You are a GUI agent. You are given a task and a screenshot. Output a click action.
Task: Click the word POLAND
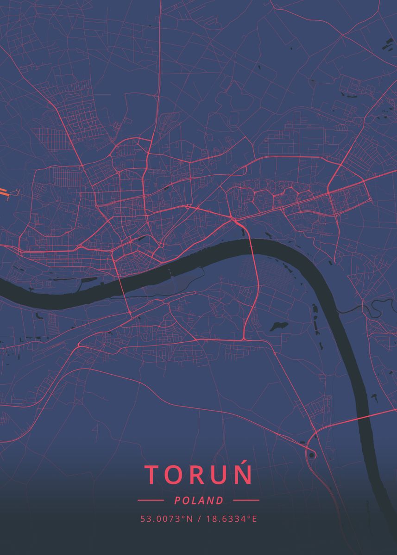(x=199, y=500)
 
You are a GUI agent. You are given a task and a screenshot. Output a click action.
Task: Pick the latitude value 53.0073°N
(x=167, y=519)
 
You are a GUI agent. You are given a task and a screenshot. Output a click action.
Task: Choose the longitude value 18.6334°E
(x=231, y=519)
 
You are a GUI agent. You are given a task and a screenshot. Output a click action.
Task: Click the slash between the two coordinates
(x=199, y=519)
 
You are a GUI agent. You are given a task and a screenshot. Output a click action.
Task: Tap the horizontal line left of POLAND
(x=151, y=500)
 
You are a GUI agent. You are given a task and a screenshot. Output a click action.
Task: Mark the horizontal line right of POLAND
(x=246, y=500)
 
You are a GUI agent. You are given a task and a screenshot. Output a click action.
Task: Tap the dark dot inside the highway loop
(x=312, y=456)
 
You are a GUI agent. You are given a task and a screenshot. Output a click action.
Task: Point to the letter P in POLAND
(x=177, y=500)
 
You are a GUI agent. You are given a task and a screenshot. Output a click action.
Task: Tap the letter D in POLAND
(x=220, y=500)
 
